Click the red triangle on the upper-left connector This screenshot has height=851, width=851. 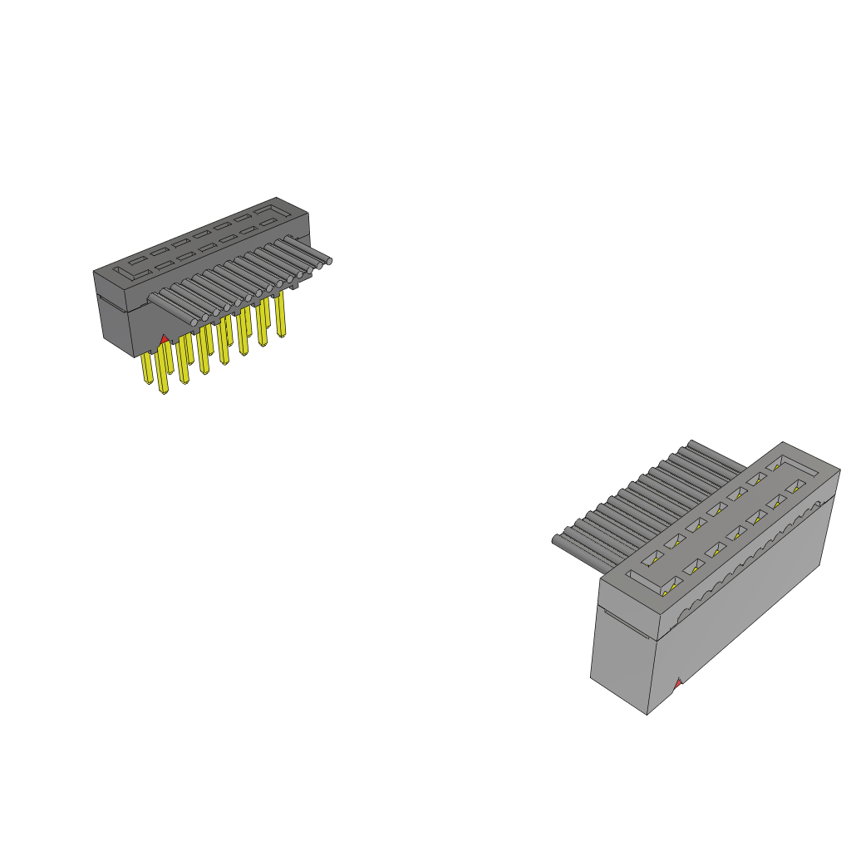164,339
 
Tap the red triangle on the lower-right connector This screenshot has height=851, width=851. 678,683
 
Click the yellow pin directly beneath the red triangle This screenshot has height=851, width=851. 163,370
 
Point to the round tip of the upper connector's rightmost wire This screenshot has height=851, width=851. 329,261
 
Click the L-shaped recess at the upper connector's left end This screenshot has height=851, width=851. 132,268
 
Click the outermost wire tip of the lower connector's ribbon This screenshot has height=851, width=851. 555,541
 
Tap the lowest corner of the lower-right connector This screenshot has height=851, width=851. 647,713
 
